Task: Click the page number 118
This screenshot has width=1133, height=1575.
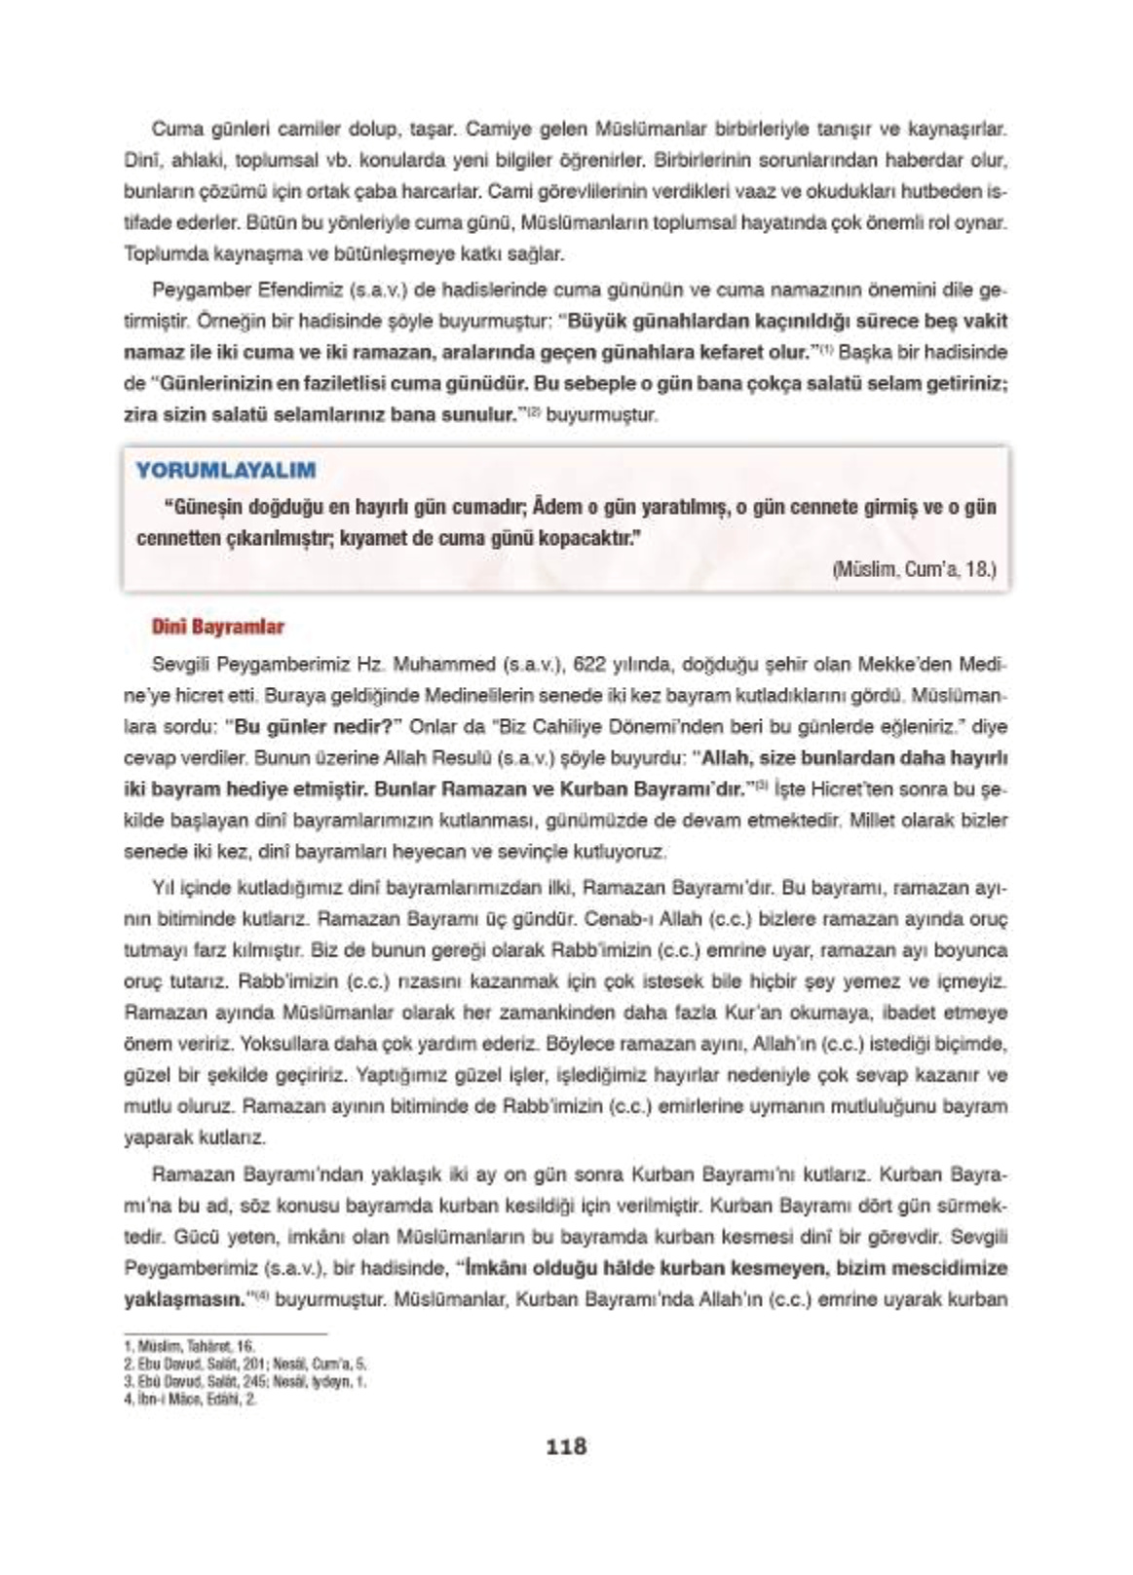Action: coord(566,1446)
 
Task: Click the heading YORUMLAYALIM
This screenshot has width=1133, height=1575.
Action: coord(226,471)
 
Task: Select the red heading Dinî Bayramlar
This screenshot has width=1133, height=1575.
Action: coord(218,627)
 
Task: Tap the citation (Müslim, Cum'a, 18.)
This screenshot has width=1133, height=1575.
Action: coord(915,569)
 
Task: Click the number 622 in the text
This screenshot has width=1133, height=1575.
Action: coord(590,666)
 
